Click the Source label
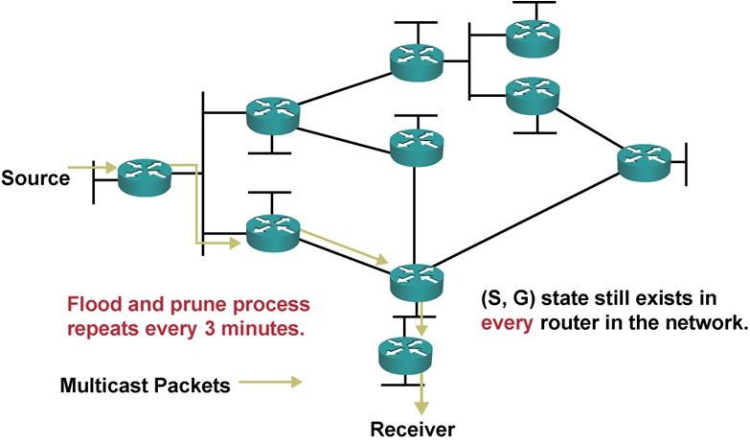click(x=35, y=178)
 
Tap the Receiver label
click(x=415, y=428)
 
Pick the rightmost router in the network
click(x=644, y=162)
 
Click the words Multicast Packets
click(x=145, y=386)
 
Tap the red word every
click(x=505, y=323)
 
